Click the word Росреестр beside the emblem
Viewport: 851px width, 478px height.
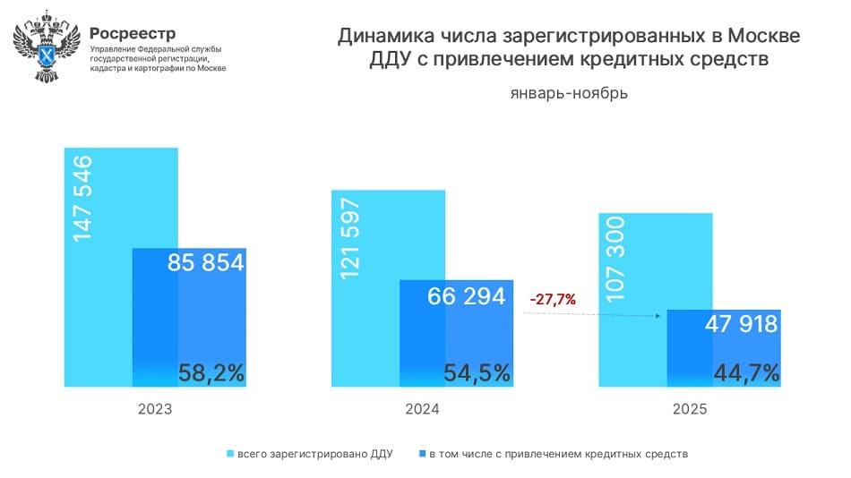click(x=133, y=33)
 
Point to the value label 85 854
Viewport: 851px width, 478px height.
click(x=206, y=263)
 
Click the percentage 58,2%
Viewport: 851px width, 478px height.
click(x=211, y=372)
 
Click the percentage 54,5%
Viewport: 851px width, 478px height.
click(x=477, y=372)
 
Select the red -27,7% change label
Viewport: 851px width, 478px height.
click(x=552, y=299)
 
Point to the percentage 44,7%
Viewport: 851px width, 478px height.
click(x=745, y=372)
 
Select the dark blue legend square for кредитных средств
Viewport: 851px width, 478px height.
click(x=421, y=454)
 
